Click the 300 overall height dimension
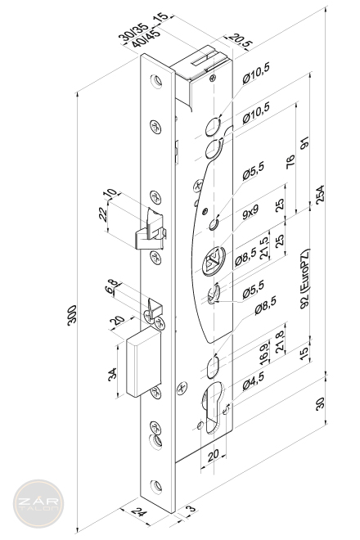72,315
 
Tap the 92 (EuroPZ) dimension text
305,278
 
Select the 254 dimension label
320,195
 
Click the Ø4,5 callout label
253,380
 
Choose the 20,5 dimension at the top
241,42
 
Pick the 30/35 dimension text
133,32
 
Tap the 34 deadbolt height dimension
112,374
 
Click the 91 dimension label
304,143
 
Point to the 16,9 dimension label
264,353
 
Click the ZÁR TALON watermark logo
38,503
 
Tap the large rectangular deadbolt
144,362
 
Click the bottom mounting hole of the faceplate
156,486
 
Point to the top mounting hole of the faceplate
156,81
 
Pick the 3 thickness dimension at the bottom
191,509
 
